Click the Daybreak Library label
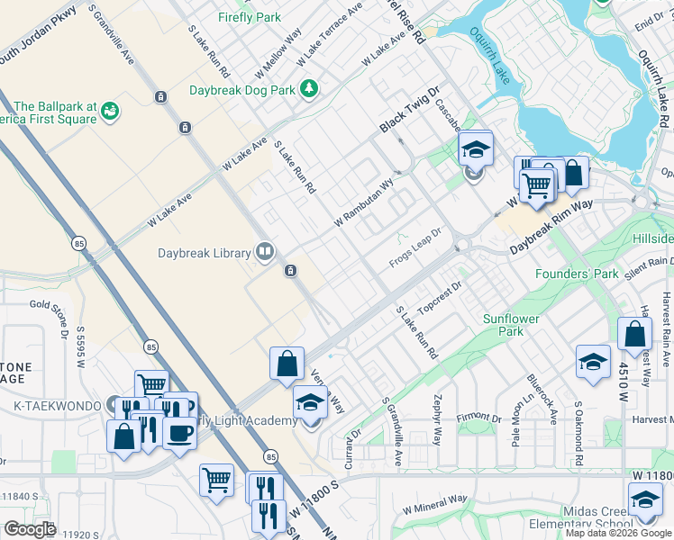205,254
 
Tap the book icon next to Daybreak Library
265,251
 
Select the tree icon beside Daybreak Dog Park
309,88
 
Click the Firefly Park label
250,17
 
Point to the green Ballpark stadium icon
111,111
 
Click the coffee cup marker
178,433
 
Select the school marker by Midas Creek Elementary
645,500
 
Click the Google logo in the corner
30,529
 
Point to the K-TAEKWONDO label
57,406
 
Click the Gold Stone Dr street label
50,315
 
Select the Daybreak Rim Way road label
552,220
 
